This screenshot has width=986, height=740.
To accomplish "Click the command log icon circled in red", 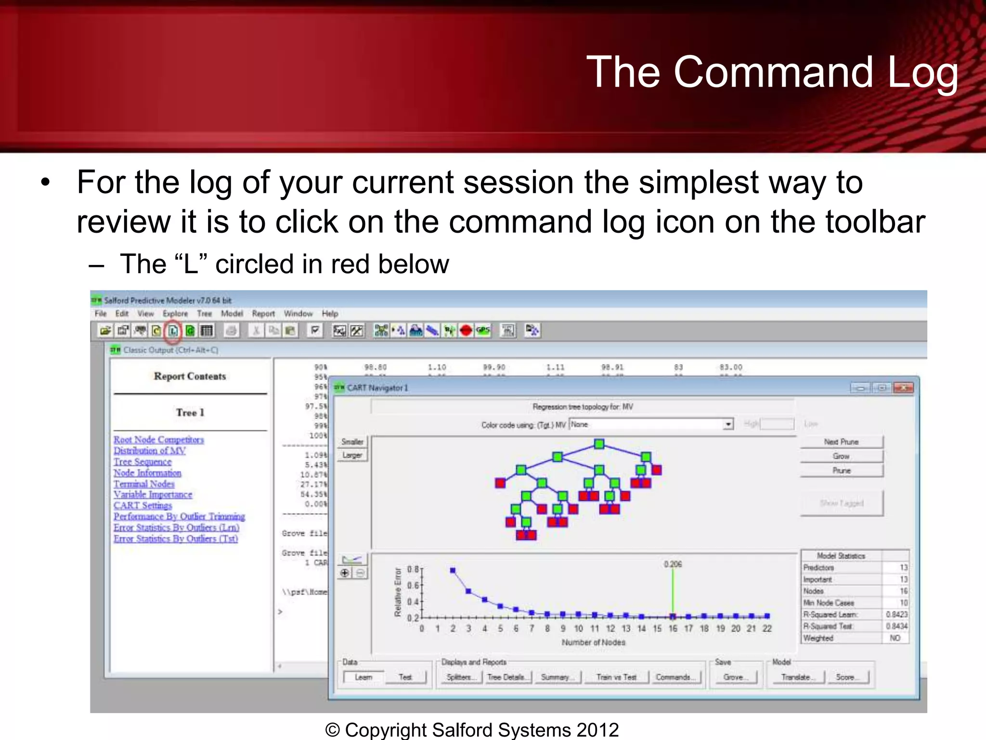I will coord(173,331).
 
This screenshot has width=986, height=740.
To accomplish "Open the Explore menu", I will coord(175,314).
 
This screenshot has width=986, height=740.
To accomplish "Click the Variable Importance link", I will coord(153,495).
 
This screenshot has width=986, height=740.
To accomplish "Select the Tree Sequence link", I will coord(143,462).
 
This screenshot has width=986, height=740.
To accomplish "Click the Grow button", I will coord(841,456).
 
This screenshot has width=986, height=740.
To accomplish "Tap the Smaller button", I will coord(352,442).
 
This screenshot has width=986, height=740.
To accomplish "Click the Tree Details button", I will coord(506,677).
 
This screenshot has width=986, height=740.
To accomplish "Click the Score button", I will coord(845,677).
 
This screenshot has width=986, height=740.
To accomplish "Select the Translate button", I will coord(795,677).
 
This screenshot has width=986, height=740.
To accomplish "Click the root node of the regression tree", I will coord(599,444).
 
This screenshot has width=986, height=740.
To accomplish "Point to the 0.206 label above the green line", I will coord(673,564).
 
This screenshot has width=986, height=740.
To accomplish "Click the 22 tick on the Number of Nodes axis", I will coord(767,629).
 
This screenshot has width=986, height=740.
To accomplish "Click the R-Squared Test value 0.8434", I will coord(896,626).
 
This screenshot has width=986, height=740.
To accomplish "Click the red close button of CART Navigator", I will coord(903,388).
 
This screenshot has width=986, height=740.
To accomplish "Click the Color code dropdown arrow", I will coord(728,424).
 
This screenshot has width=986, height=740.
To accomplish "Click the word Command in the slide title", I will coord(773,72).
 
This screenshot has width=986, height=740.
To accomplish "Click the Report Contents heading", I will coord(190,376).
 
